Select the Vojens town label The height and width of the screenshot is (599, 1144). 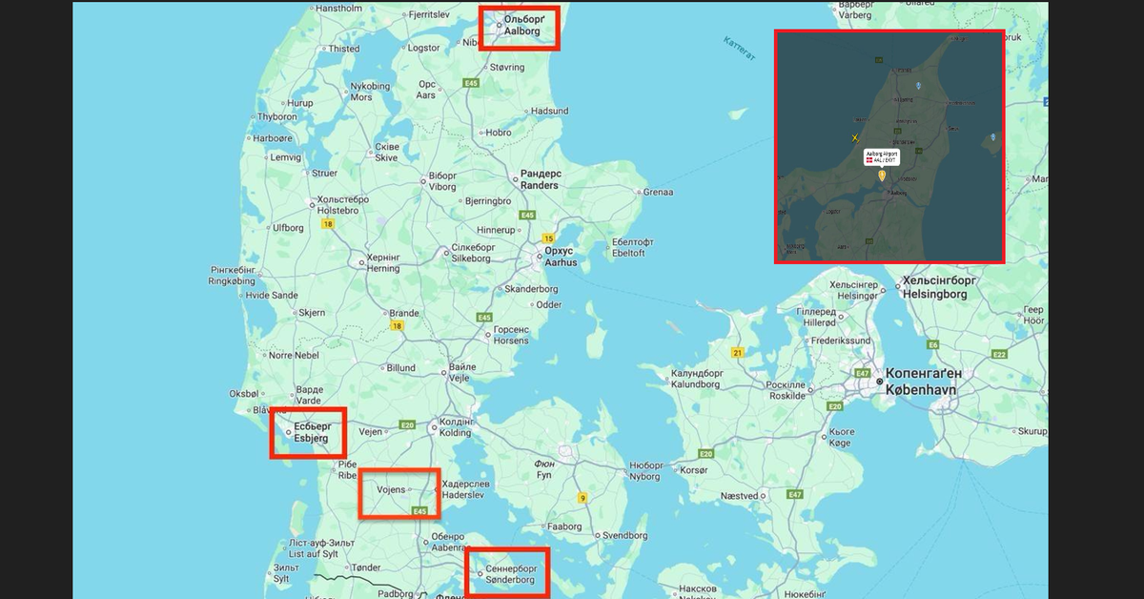coord(391,489)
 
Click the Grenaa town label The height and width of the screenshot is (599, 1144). coord(658,192)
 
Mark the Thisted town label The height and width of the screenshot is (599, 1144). coord(344,49)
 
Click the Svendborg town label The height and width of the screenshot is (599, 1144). coord(625,536)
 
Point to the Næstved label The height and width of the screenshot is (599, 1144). coord(739,496)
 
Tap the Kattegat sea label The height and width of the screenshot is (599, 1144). coord(740,49)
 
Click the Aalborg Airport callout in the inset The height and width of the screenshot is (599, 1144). coord(882,157)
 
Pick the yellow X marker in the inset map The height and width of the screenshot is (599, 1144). coord(855,138)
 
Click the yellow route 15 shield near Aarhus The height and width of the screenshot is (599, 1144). coord(548,238)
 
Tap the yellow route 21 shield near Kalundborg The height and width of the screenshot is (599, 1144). coord(737,353)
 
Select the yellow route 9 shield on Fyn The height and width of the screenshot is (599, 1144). coord(582,498)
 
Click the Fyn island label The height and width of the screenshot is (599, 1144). coord(544,468)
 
